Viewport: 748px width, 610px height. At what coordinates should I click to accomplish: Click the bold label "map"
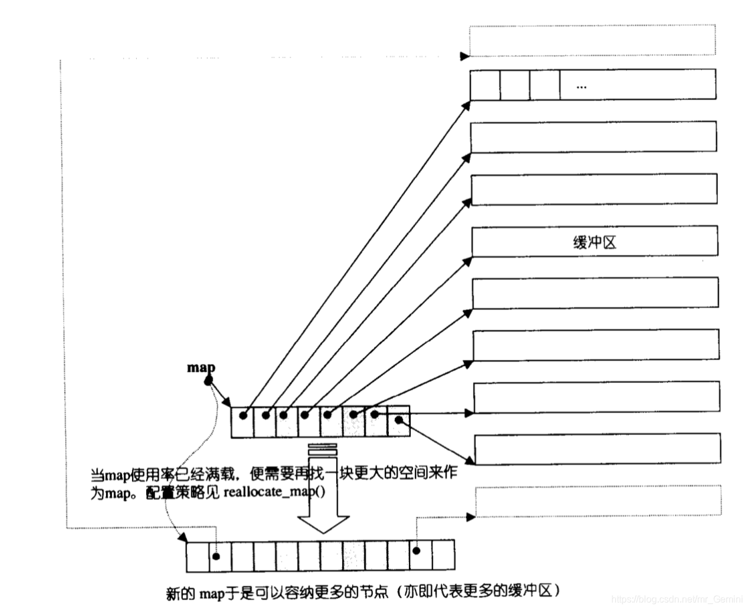coord(201,368)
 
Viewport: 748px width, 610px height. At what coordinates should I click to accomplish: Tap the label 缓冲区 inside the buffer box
coord(595,242)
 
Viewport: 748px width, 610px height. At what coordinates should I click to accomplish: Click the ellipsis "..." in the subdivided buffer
coord(581,87)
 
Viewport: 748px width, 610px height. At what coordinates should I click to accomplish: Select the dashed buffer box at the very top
coord(592,40)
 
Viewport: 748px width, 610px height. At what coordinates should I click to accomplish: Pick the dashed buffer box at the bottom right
coord(598,501)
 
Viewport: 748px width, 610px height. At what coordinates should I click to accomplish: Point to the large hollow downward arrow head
coord(323,520)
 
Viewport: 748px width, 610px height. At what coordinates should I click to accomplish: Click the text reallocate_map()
coord(274,492)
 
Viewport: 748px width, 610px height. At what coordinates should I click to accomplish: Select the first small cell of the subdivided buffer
coord(485,85)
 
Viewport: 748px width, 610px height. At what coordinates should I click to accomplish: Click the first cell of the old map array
coord(242,421)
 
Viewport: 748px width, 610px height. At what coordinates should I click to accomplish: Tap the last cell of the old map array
coord(398,421)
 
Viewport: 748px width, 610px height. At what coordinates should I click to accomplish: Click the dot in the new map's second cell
coord(217,556)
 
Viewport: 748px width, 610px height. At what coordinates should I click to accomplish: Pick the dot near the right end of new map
coord(416,551)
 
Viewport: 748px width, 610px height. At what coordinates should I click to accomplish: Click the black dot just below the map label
coord(208,382)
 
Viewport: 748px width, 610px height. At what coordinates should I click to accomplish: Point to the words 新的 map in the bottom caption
coord(195,592)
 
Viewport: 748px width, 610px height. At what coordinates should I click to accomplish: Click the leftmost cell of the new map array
coord(198,556)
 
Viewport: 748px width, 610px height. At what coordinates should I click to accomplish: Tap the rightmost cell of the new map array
coord(443,556)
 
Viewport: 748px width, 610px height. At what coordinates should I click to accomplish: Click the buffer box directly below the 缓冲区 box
coord(595,294)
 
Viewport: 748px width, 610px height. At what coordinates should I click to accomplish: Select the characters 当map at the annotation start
coord(109,475)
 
